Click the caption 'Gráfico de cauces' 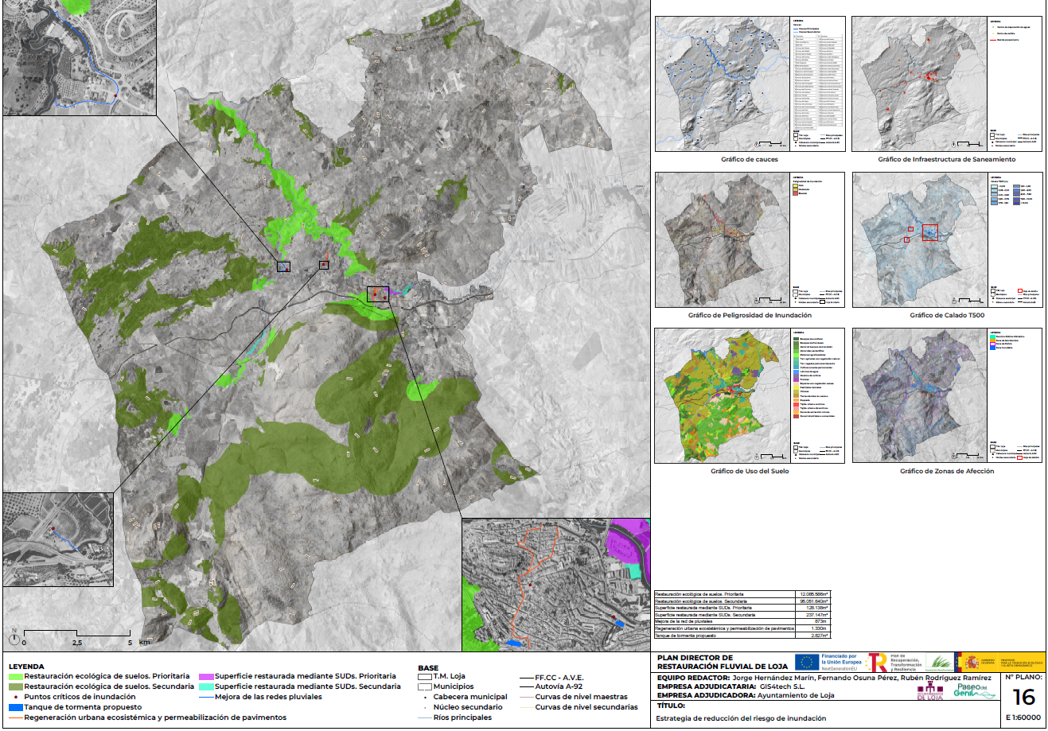click(749, 159)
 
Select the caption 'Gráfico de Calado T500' click(947, 315)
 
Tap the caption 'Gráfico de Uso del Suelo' click(750, 471)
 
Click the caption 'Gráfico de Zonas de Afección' click(947, 471)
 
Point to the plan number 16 click(1023, 698)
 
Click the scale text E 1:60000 click(1023, 717)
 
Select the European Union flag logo click(807, 662)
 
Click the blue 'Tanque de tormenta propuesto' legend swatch click(15, 707)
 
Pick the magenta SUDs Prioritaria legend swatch click(206, 676)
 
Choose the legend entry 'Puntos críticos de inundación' click(80, 697)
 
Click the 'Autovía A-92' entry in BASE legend click(559, 686)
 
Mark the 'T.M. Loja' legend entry click(449, 676)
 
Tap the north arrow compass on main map click(14, 637)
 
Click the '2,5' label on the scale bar click(77, 643)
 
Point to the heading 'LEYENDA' click(26, 667)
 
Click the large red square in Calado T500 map click(929, 232)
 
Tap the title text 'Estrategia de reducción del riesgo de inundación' click(741, 718)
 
